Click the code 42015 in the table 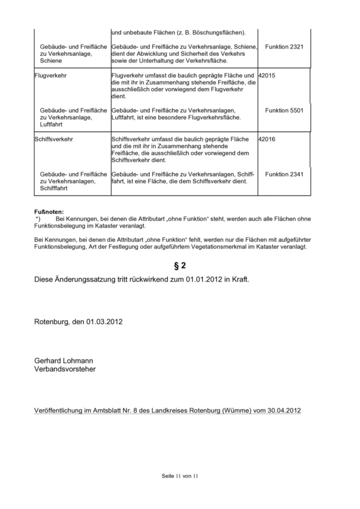(x=266, y=76)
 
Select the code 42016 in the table (x=266, y=139)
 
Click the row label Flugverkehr (x=50, y=76)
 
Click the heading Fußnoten (x=49, y=211)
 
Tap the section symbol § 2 (x=180, y=266)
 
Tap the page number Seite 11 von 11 (x=180, y=476)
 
